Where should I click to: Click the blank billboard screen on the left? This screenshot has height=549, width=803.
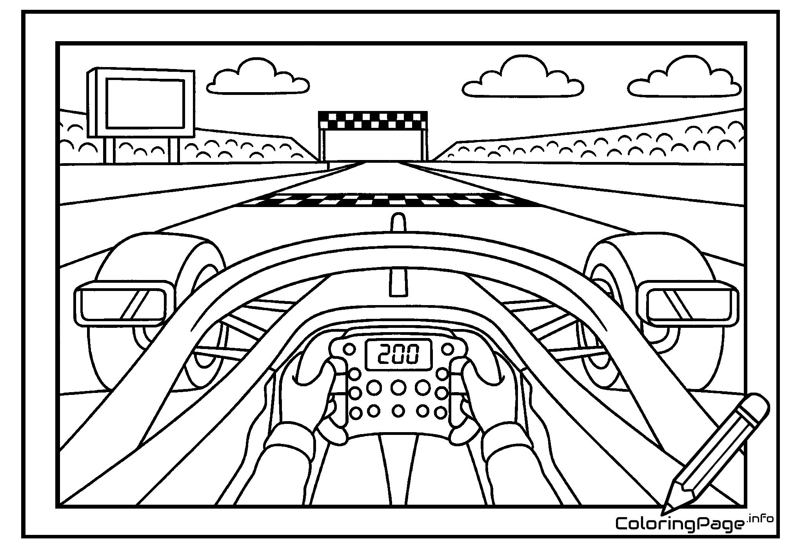point(145,103)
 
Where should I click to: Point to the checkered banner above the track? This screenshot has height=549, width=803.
point(372,120)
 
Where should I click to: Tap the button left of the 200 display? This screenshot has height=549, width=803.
point(349,349)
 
